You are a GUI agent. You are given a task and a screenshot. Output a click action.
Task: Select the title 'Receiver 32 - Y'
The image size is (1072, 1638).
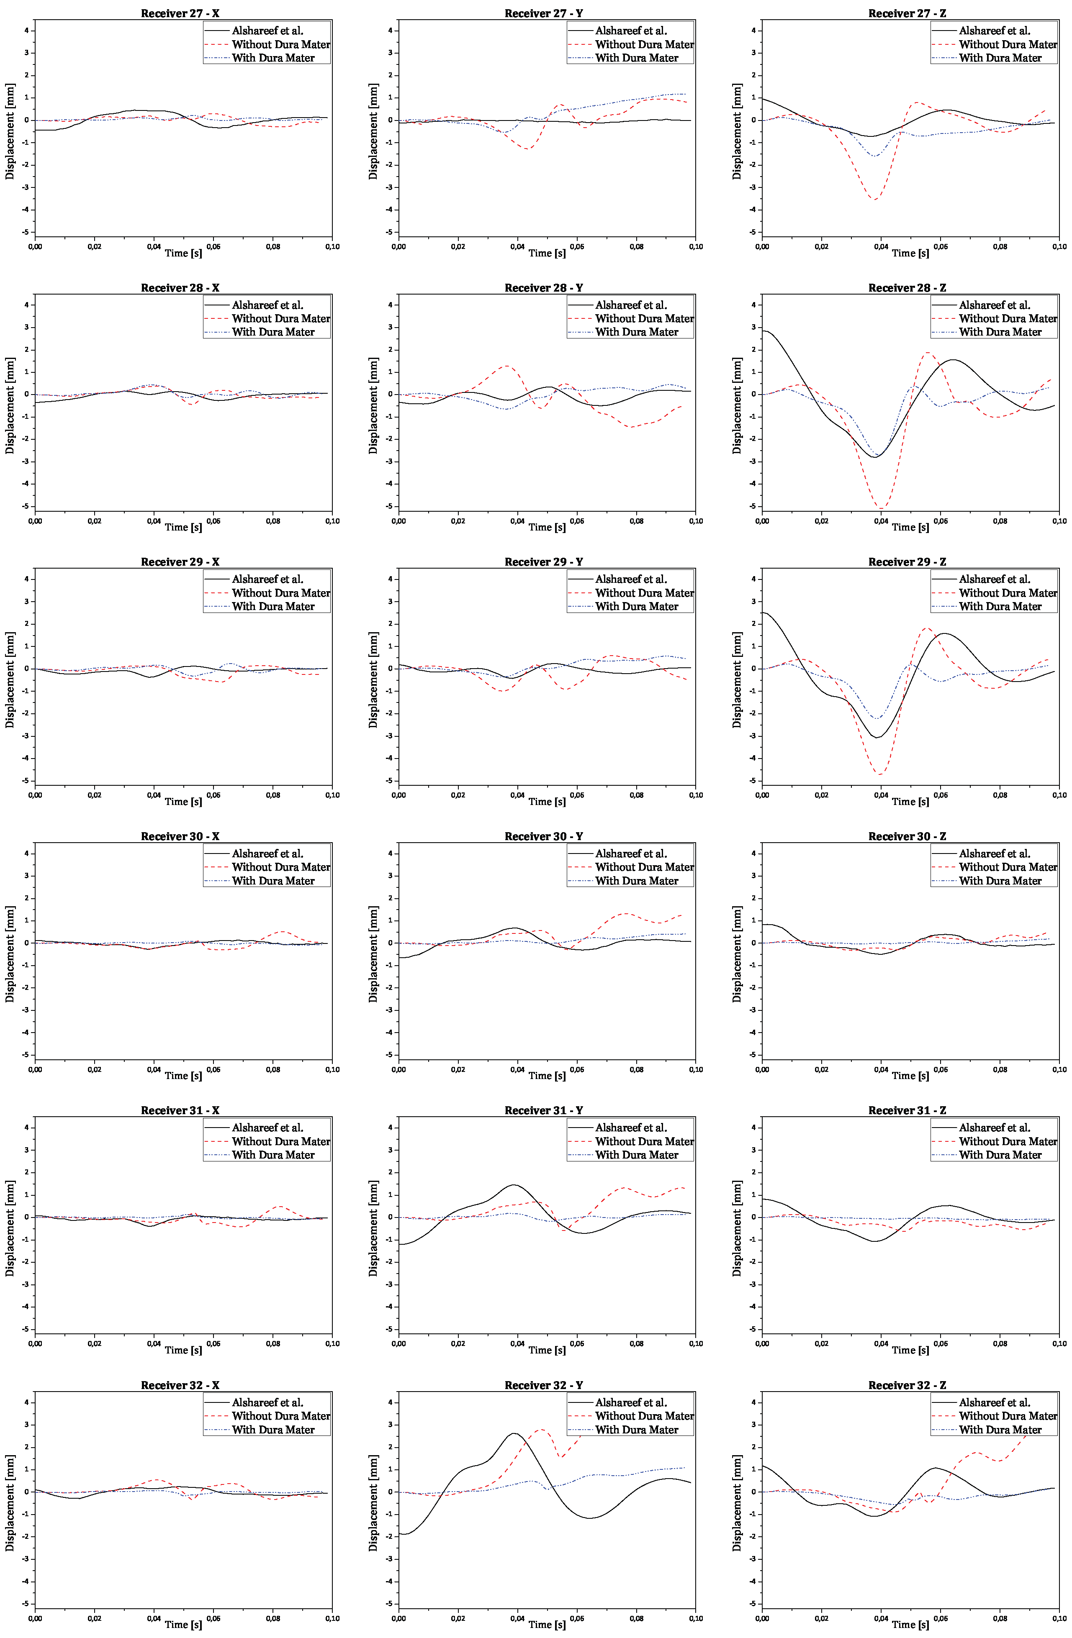[543, 1385]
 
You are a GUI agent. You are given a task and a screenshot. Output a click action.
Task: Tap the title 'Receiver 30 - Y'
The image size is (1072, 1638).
[543, 836]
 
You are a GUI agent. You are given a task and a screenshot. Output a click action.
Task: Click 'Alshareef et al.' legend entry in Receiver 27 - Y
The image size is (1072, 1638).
[631, 30]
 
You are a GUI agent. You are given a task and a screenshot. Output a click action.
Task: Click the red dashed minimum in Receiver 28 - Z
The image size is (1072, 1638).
[881, 508]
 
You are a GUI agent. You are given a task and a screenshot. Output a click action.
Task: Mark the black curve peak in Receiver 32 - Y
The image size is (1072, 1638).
[514, 1433]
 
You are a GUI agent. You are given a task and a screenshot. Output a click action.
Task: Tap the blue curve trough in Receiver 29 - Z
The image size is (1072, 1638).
[877, 718]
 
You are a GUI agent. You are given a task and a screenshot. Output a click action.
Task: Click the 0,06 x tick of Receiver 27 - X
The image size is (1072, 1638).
[213, 246]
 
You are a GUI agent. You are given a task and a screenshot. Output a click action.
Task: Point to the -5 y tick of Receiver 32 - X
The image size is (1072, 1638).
[26, 1604]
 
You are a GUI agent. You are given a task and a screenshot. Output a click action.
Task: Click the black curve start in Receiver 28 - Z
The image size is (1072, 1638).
[763, 331]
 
